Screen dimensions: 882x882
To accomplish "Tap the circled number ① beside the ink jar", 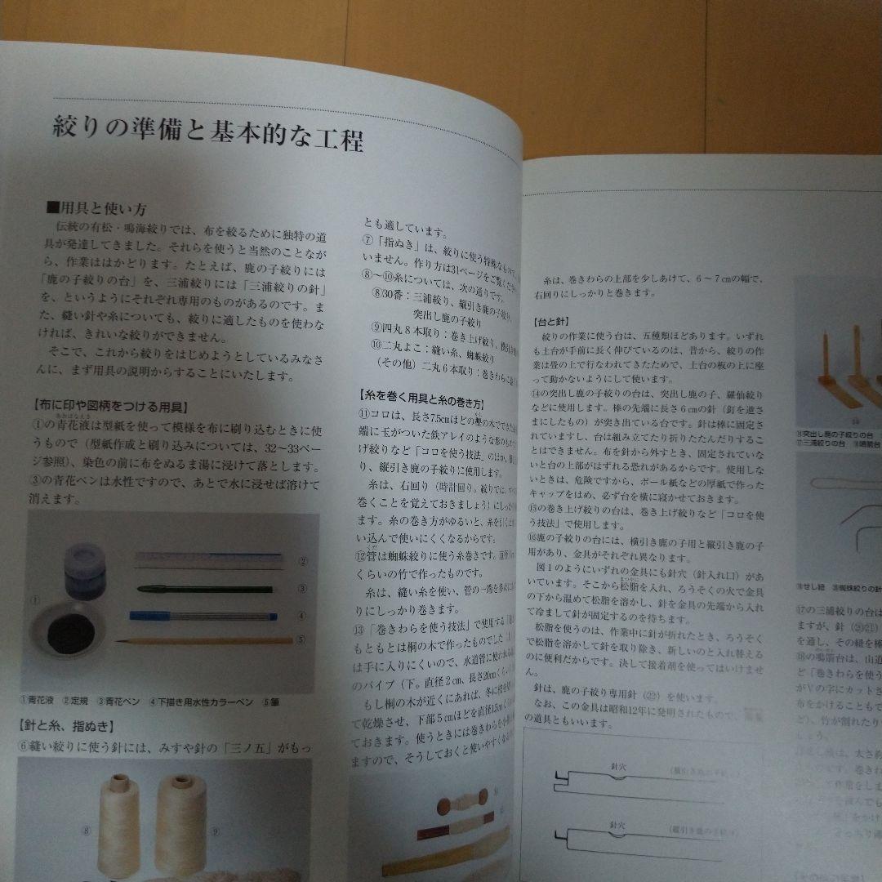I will pyautogui.click(x=35, y=600).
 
